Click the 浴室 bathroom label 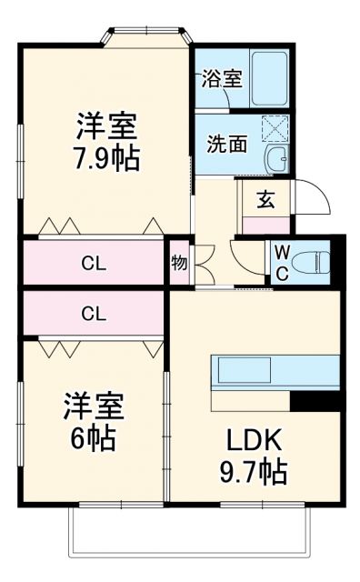point(222,77)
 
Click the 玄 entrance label point(265,200)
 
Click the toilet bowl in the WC point(312,262)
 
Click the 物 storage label point(179,264)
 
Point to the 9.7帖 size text point(255,471)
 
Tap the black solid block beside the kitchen point(315,400)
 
